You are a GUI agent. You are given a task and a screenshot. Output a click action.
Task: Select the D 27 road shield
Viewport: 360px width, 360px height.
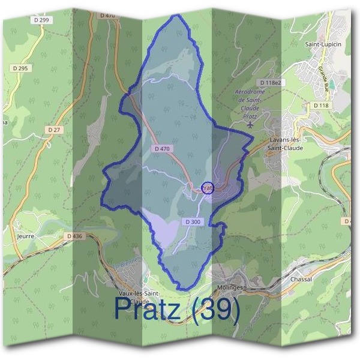coord(54,129)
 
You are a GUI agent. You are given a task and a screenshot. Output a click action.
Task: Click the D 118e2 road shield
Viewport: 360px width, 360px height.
coord(271,82)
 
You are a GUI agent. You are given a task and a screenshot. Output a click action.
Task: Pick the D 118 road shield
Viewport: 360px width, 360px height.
coord(321,105)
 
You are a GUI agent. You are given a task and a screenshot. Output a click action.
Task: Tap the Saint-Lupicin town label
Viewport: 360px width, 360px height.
coord(323,44)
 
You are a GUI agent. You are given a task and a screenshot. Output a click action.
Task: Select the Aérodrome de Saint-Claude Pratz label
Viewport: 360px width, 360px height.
coord(250,101)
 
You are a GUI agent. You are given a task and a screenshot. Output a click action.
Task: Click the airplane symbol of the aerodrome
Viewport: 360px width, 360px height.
coord(250,124)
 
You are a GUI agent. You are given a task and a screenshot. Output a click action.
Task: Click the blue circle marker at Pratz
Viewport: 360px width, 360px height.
coord(207,188)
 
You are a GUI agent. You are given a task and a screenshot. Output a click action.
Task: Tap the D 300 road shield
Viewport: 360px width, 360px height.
coord(193,222)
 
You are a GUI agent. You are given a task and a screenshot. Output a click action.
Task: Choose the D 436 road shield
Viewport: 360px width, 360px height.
coord(74,236)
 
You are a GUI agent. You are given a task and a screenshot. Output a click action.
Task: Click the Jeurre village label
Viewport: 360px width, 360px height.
coord(26,236)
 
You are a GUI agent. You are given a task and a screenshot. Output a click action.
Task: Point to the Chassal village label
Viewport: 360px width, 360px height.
coord(302,279)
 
